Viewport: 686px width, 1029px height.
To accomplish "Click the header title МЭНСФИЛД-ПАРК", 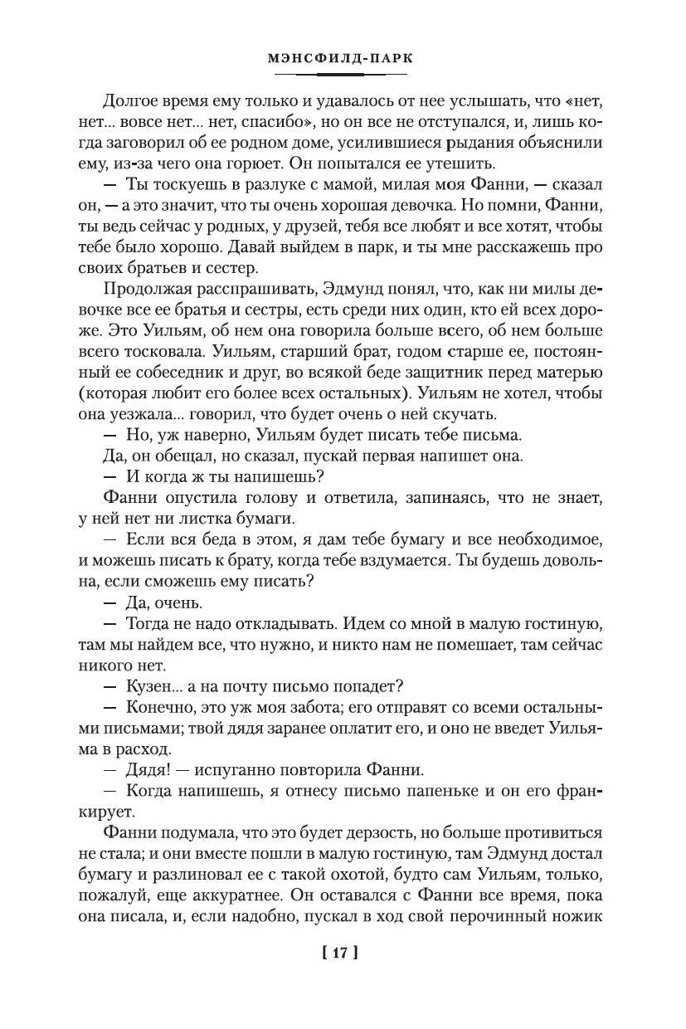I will pos(343,59).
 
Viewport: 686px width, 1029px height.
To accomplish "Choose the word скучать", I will pos(465,413).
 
